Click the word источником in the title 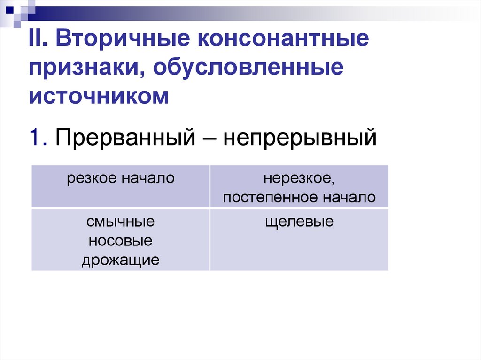(x=98, y=96)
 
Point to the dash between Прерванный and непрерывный (x=209, y=138)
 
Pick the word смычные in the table (x=120, y=222)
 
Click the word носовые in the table (x=120, y=240)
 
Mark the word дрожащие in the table (x=120, y=260)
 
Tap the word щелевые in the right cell (x=299, y=222)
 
